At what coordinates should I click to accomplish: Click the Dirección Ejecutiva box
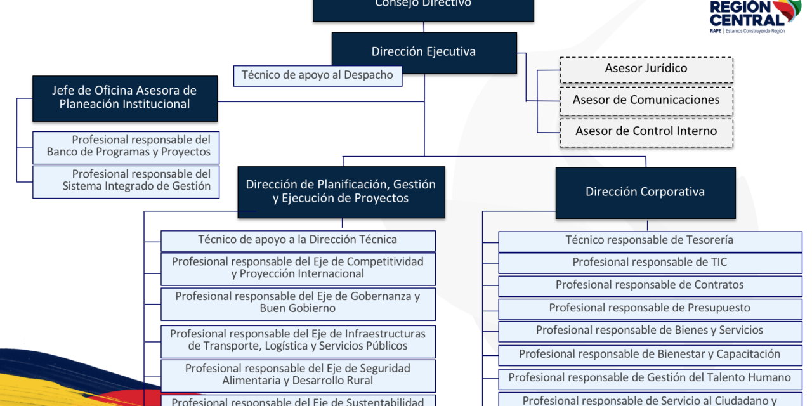click(x=424, y=52)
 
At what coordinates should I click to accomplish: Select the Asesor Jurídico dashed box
click(x=646, y=69)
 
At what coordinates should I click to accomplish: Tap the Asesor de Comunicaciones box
click(x=646, y=100)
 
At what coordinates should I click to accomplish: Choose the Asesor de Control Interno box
click(x=646, y=132)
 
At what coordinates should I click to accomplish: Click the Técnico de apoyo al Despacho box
click(x=317, y=75)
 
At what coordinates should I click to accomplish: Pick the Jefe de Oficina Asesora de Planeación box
click(x=125, y=98)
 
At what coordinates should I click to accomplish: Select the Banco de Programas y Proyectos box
click(x=126, y=147)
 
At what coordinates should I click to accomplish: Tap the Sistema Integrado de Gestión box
click(x=126, y=181)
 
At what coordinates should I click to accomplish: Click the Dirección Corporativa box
click(x=645, y=192)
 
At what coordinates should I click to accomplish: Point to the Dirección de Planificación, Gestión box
click(x=341, y=192)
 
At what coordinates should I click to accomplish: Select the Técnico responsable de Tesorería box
click(x=650, y=240)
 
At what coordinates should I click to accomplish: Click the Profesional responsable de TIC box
click(x=650, y=263)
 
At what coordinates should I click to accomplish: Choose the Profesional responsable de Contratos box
click(x=650, y=285)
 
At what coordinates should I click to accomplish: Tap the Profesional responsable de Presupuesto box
click(x=650, y=308)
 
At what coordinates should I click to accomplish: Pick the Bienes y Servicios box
click(x=650, y=331)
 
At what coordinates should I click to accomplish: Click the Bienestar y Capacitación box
click(x=650, y=355)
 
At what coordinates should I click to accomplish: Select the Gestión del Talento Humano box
click(x=650, y=378)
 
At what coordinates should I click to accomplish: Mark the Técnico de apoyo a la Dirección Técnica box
click(x=298, y=240)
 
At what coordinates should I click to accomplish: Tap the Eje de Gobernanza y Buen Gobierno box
click(x=298, y=303)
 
